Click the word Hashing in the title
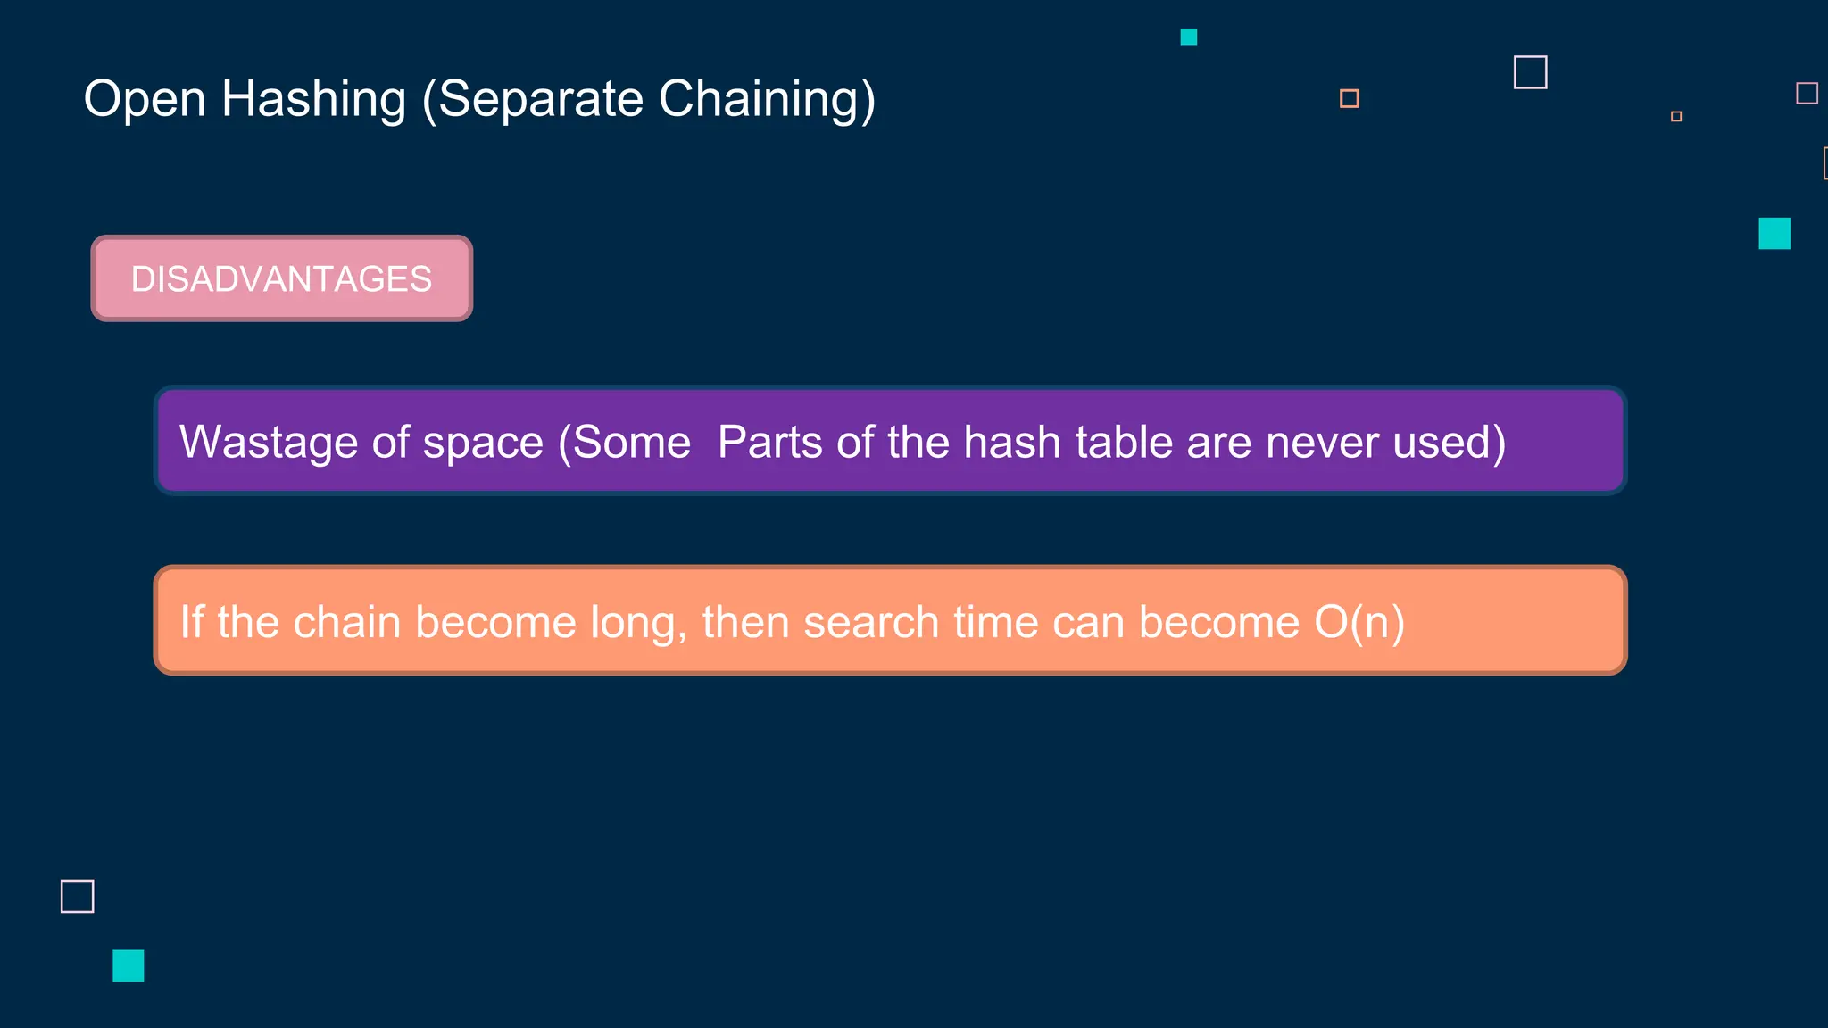tap(313, 99)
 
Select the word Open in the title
tap(145, 99)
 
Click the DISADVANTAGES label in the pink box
tap(281, 279)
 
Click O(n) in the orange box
tap(1359, 622)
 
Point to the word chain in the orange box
tap(346, 622)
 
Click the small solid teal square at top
tap(1188, 37)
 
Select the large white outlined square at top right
tap(1530, 72)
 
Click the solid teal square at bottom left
tap(129, 966)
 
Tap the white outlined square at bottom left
tap(78, 896)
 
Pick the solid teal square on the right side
tap(1774, 233)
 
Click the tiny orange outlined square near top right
tap(1676, 116)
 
